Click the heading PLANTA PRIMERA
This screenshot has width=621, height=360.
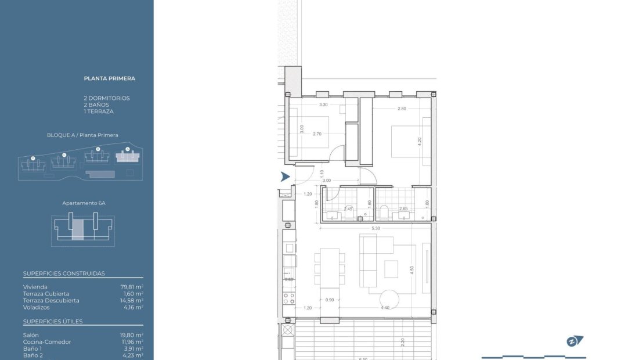(110, 78)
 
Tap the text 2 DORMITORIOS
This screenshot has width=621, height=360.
(107, 98)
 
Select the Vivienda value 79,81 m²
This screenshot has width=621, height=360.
(132, 287)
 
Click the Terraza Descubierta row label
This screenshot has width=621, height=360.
(51, 300)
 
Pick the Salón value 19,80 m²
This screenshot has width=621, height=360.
(132, 335)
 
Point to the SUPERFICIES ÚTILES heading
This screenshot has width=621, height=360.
(53, 321)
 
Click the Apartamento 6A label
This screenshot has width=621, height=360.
(84, 203)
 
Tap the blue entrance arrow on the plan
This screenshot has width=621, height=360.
(284, 177)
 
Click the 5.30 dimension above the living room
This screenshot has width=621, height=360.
(376, 228)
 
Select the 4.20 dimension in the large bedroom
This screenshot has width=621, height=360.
(419, 139)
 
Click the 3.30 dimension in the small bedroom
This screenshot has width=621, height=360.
(323, 105)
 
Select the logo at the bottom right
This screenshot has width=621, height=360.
(575, 341)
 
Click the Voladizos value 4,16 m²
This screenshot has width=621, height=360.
(133, 307)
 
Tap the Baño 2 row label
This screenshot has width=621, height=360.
(34, 355)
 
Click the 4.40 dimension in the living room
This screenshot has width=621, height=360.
(384, 308)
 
